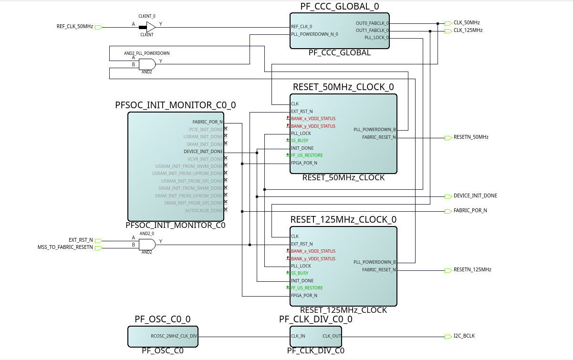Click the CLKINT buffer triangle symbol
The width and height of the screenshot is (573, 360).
click(151, 27)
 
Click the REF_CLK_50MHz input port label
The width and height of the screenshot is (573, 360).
click(74, 27)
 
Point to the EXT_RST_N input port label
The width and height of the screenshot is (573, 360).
click(81, 240)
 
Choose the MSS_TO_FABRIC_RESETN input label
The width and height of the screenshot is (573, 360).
click(65, 247)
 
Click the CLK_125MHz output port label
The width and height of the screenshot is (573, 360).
click(468, 31)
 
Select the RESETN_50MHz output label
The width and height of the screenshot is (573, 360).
click(471, 137)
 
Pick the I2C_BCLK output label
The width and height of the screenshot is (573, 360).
click(464, 336)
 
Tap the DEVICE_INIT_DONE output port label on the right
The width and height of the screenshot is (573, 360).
click(475, 196)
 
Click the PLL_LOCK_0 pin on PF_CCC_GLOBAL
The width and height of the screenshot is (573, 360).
click(376, 38)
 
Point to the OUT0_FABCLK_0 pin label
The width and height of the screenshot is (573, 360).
click(372, 23)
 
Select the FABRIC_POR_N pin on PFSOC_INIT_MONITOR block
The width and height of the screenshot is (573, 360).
click(208, 122)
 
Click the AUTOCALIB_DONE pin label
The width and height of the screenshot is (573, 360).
click(204, 211)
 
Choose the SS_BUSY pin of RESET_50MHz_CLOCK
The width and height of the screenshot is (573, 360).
click(300, 141)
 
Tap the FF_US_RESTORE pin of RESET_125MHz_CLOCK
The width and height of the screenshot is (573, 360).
click(307, 288)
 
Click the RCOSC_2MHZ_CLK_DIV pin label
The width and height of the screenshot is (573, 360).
click(174, 336)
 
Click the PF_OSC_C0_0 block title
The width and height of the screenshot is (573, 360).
click(163, 319)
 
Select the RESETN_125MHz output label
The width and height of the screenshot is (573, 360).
click(472, 270)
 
